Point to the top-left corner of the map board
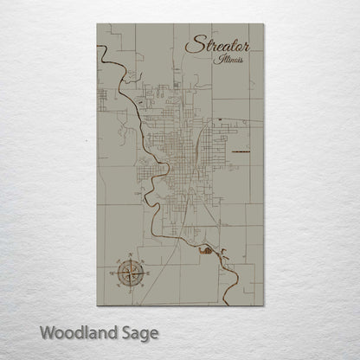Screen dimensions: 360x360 point(97,24)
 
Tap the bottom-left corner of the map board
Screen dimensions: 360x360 point(97,309)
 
